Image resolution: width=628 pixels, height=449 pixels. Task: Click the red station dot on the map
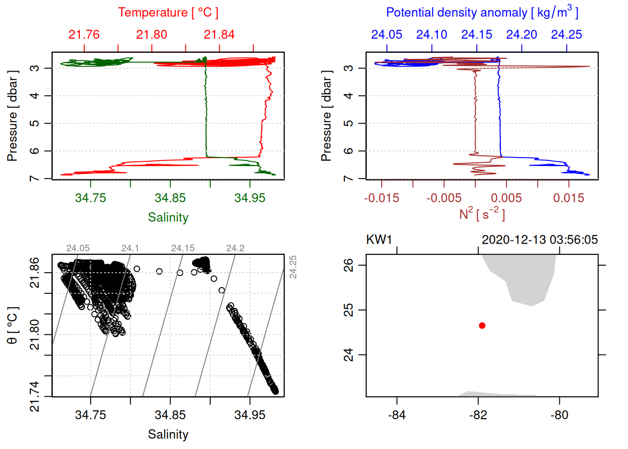click(482, 326)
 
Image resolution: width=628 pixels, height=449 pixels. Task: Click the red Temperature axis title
click(168, 13)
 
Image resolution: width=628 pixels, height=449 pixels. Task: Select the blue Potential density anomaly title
click(482, 13)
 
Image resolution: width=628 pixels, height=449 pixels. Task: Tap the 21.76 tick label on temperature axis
click(84, 35)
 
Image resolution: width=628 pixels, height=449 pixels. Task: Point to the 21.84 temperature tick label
click(219, 35)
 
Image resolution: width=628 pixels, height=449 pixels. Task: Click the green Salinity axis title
click(168, 217)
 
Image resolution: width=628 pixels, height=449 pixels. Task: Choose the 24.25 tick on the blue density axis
click(566, 35)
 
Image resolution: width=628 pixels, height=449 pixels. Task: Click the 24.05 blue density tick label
click(386, 35)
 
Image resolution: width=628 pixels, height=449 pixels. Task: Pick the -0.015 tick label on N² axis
click(382, 198)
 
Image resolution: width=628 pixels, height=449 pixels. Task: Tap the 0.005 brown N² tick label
click(507, 198)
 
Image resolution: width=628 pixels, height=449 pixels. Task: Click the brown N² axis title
click(482, 214)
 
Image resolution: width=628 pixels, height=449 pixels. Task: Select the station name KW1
click(379, 240)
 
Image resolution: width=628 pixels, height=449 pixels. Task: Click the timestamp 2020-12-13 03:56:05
click(540, 240)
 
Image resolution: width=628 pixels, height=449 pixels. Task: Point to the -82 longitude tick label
click(478, 415)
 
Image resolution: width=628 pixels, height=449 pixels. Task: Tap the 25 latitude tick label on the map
click(349, 310)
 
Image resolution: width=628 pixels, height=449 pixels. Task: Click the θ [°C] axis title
click(13, 326)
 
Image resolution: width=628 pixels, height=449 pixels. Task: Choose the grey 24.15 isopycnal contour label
click(183, 248)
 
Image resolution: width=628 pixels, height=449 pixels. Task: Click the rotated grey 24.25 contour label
click(293, 267)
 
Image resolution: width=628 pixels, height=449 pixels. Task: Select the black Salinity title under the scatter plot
click(168, 435)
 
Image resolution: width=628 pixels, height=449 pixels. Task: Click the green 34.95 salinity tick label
click(250, 198)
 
